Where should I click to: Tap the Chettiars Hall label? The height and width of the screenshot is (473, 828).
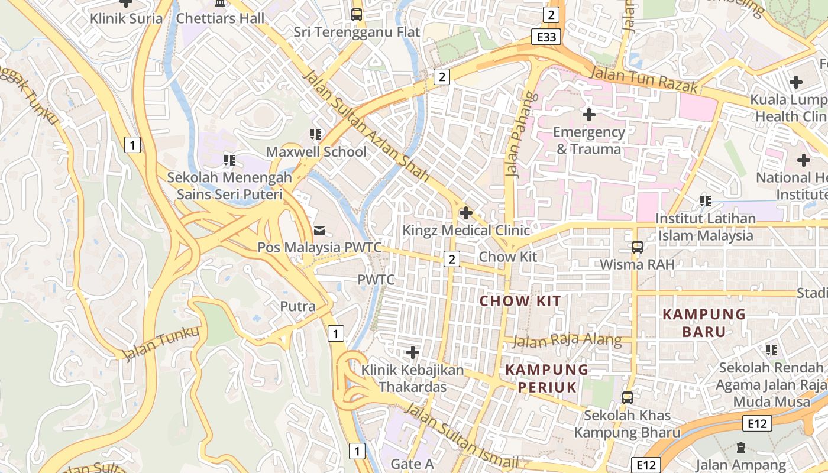click(221, 18)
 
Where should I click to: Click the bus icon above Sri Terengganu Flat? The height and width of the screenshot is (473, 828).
click(357, 15)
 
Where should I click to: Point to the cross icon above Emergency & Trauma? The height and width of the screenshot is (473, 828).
click(588, 114)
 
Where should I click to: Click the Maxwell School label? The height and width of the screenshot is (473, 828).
click(316, 152)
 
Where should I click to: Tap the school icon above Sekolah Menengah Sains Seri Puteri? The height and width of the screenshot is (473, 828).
click(229, 160)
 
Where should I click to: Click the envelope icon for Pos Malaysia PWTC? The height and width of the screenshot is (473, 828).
click(319, 229)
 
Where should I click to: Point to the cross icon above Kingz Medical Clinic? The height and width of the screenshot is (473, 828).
click(466, 212)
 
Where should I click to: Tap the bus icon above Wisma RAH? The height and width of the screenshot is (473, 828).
click(637, 247)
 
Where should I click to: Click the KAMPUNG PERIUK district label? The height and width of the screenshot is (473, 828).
click(547, 378)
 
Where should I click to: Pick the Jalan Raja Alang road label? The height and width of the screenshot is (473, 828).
click(567, 341)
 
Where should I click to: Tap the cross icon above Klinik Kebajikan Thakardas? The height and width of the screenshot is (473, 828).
click(412, 353)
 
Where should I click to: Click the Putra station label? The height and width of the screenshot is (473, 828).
click(297, 306)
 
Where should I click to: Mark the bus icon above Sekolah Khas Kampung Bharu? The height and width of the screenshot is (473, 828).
click(627, 398)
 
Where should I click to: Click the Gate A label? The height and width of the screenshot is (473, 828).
click(412, 465)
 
